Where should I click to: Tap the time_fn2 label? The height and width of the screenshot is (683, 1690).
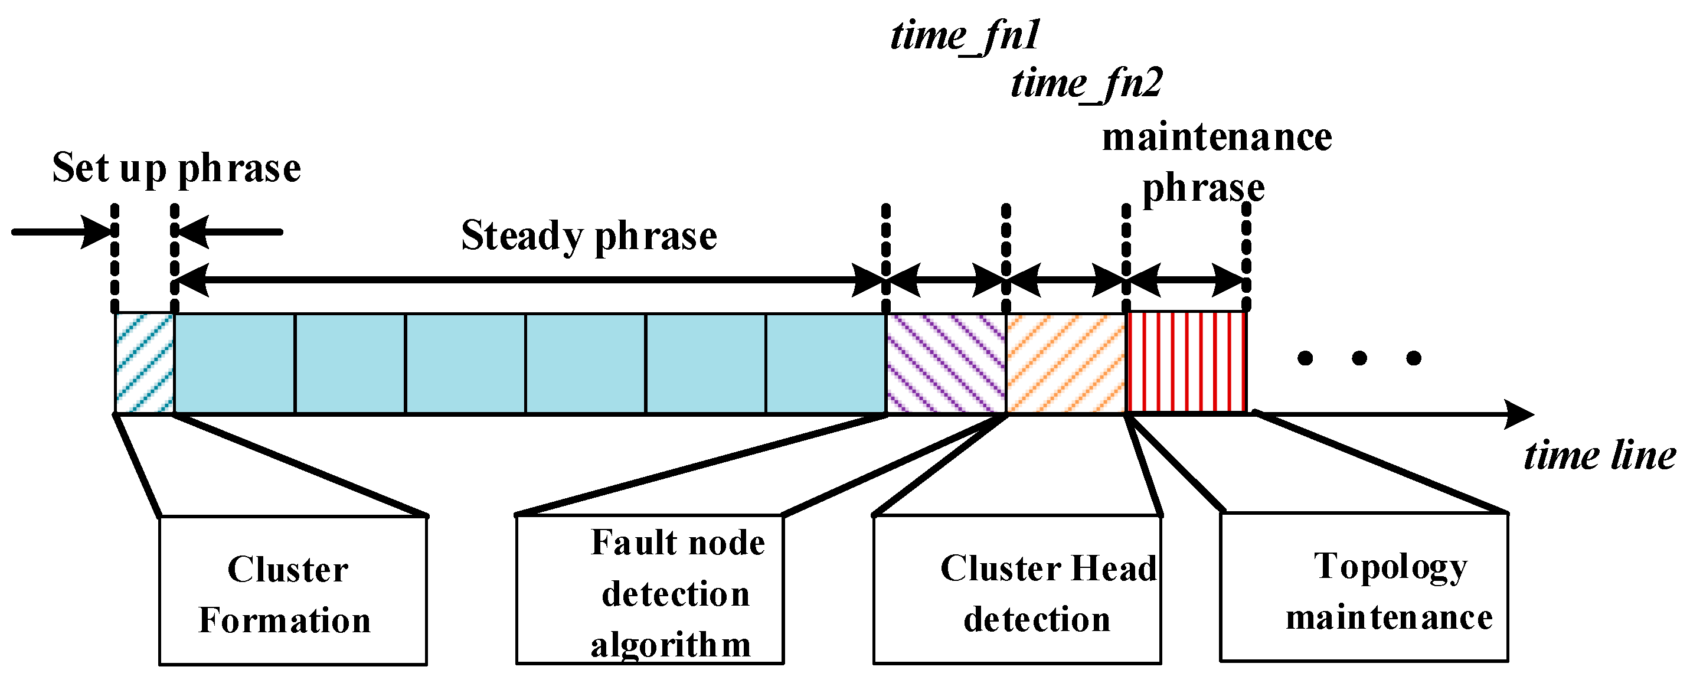point(1086,84)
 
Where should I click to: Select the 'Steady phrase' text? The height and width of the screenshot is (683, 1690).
point(589,236)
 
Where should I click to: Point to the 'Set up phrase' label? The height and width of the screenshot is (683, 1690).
point(176,168)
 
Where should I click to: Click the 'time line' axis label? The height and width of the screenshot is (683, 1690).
point(1599,455)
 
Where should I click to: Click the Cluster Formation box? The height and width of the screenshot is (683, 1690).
point(293,590)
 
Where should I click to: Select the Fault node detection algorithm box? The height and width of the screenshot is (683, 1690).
point(649,590)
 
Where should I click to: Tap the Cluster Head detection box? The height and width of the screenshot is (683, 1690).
point(1017,590)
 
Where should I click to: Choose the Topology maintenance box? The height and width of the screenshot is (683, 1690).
point(1364,587)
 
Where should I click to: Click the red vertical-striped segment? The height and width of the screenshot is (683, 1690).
point(1185,363)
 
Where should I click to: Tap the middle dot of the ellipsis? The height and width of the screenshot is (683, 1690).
point(1359,358)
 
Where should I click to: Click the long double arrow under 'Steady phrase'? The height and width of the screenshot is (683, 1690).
point(529,280)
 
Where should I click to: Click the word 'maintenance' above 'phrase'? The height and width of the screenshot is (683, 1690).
point(1217,138)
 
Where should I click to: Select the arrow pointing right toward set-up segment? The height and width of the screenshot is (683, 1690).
point(63,231)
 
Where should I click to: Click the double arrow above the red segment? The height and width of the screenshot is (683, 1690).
point(1185,280)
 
